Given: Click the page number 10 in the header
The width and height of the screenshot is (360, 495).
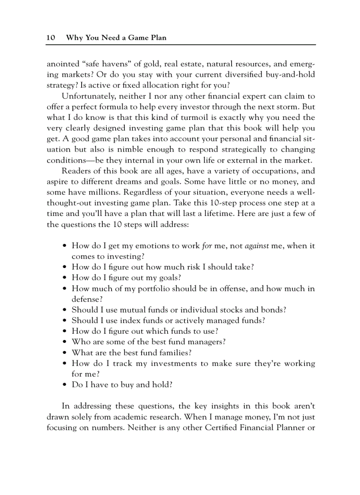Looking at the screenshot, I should pos(50,37).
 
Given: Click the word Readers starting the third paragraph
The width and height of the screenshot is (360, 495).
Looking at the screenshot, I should pos(76,171).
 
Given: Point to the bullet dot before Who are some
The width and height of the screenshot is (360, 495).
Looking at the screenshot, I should pos(65,342).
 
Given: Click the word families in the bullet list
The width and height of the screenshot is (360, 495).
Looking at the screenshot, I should pos(176,353).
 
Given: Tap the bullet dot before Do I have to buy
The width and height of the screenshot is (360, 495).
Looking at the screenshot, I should pos(65,385).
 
